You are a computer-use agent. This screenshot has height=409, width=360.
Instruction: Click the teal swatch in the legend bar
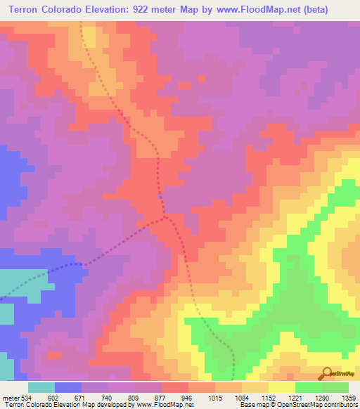pos(41,387)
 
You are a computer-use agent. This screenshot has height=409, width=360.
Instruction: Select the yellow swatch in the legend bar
pos(282,387)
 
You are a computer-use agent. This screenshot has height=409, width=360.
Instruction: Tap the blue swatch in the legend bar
pos(68,387)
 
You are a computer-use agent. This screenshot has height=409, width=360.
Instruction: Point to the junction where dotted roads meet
pos(165,219)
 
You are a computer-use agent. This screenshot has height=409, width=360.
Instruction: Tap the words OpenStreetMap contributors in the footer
pos(323,405)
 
